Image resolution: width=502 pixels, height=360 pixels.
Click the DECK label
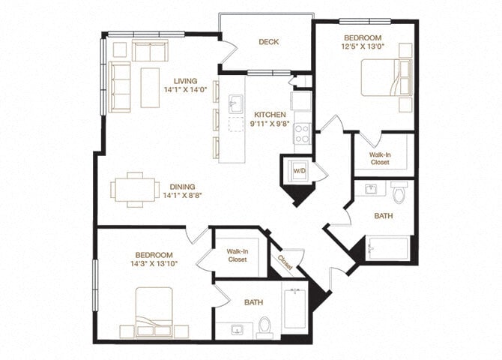coord(269,42)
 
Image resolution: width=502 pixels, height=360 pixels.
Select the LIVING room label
coord(185,81)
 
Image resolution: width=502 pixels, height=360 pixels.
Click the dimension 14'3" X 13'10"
coord(153,265)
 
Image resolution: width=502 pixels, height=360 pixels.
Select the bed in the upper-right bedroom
coord(385,78)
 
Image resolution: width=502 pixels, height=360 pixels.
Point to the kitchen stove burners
coord(302,133)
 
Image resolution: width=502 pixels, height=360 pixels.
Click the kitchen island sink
coord(235,103)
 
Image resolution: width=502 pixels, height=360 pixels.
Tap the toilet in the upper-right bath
coord(399,193)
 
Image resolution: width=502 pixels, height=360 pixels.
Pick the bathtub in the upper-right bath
coord(388,247)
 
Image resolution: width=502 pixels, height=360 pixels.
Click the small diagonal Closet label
coord(285,260)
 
